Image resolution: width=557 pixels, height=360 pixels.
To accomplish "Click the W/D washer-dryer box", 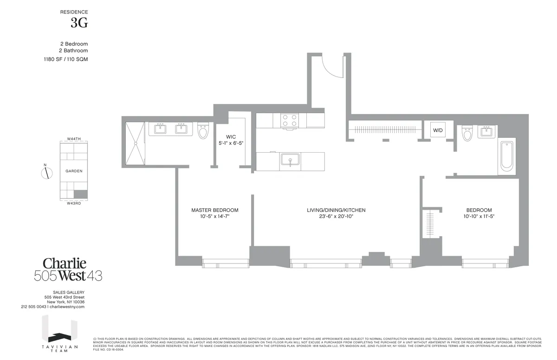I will [438, 130].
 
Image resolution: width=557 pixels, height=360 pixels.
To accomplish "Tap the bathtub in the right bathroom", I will [506, 157].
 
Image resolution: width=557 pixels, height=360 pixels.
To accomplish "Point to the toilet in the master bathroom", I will [203, 131].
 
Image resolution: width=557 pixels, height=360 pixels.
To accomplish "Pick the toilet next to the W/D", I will [467, 134].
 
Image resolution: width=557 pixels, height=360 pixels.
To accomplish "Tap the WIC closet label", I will [231, 137].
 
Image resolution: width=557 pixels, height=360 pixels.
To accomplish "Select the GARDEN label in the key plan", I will [74, 171].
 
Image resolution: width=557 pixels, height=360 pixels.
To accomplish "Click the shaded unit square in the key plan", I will [81, 194].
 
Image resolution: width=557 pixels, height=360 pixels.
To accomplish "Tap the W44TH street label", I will [74, 139].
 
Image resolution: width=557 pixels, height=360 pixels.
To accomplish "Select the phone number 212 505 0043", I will [34, 307].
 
